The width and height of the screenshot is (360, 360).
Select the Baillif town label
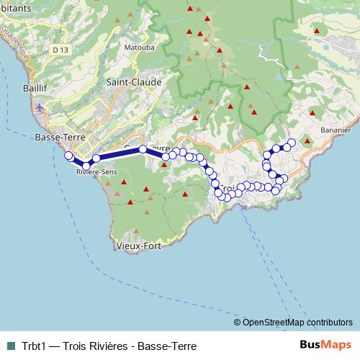coord(16,88)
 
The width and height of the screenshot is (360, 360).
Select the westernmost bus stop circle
coord(69,156)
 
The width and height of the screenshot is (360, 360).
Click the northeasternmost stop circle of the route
coord(292,142)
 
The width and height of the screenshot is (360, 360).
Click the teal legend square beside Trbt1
coord(9,344)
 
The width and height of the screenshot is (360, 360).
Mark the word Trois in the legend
coord(77,344)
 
